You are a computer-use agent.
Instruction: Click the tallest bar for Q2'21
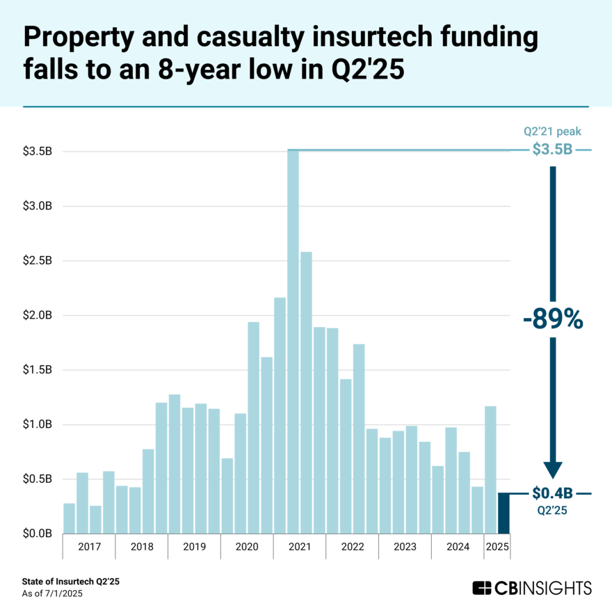[293, 341]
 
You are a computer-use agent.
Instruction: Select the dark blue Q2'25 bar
[504, 513]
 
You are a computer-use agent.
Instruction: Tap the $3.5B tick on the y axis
[36, 152]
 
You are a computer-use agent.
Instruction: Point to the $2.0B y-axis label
[36, 315]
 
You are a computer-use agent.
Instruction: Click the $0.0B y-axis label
[36, 534]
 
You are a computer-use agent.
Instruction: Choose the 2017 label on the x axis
[89, 547]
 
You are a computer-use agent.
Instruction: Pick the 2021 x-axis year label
[300, 547]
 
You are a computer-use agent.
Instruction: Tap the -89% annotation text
[553, 321]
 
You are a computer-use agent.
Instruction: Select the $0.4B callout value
[552, 493]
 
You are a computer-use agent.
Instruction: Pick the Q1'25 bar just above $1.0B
[490, 470]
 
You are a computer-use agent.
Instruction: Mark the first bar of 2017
[69, 518]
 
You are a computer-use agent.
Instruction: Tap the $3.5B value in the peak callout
[553, 150]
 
